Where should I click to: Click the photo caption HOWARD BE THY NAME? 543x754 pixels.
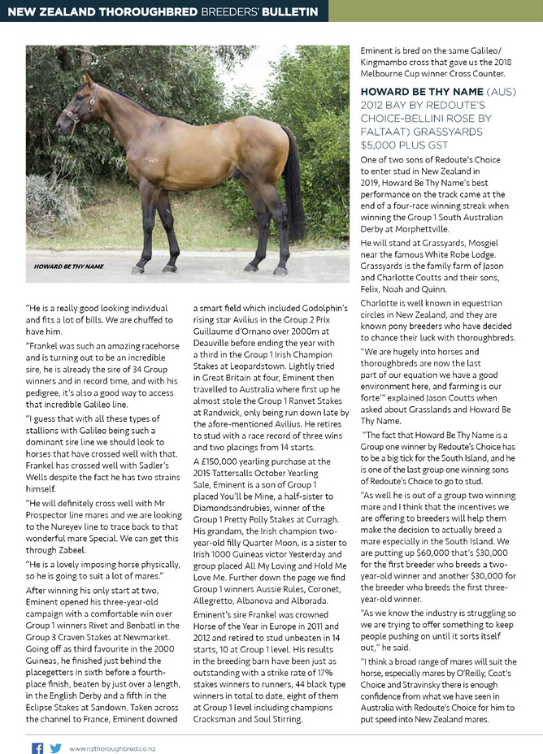(68, 266)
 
